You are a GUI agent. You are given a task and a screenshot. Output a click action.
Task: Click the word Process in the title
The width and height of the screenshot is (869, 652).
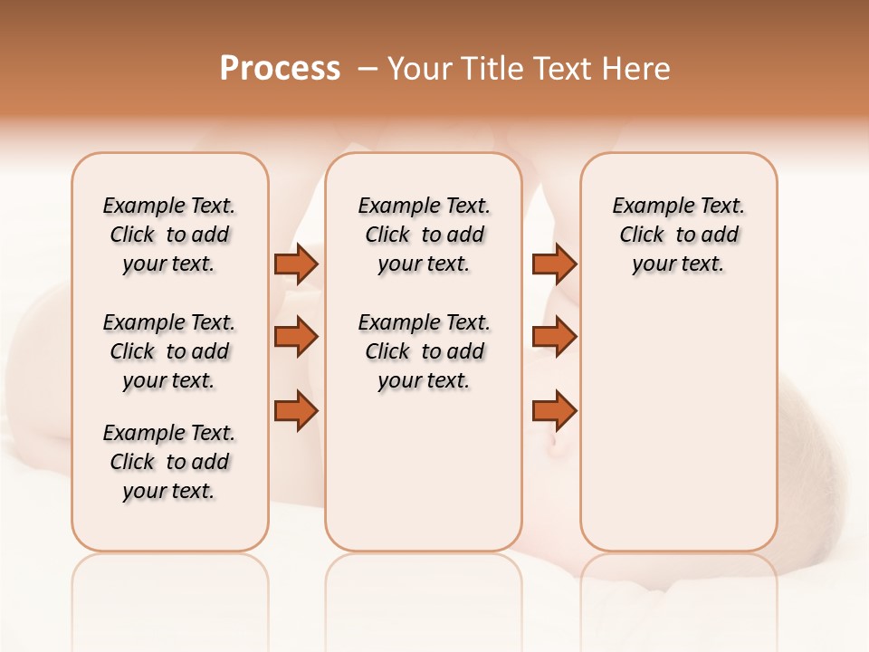point(280,69)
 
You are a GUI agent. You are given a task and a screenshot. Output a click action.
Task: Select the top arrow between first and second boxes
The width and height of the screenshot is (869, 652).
point(296,264)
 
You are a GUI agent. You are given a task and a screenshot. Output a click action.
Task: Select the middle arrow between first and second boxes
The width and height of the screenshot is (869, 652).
point(296,338)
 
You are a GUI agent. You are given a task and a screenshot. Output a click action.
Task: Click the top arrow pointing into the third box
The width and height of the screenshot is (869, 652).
point(554,264)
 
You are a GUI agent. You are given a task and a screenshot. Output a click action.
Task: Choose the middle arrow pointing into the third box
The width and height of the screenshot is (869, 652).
point(554,338)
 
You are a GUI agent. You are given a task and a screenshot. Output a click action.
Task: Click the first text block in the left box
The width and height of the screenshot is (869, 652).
point(169,235)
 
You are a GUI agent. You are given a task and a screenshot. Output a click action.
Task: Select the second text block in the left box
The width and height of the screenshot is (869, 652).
point(169,351)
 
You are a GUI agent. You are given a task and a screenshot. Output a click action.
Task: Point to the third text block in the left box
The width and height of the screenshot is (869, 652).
point(169,462)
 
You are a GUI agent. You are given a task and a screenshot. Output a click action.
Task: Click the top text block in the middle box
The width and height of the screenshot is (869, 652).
point(424,235)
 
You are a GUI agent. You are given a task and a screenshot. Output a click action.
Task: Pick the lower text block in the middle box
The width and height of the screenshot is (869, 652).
point(424,351)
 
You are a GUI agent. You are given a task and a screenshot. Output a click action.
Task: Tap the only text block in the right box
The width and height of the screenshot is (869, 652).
point(678,235)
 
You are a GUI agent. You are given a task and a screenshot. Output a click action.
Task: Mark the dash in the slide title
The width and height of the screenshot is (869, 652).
point(367,69)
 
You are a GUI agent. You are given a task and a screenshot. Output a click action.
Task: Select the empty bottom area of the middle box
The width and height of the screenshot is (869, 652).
point(424,480)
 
